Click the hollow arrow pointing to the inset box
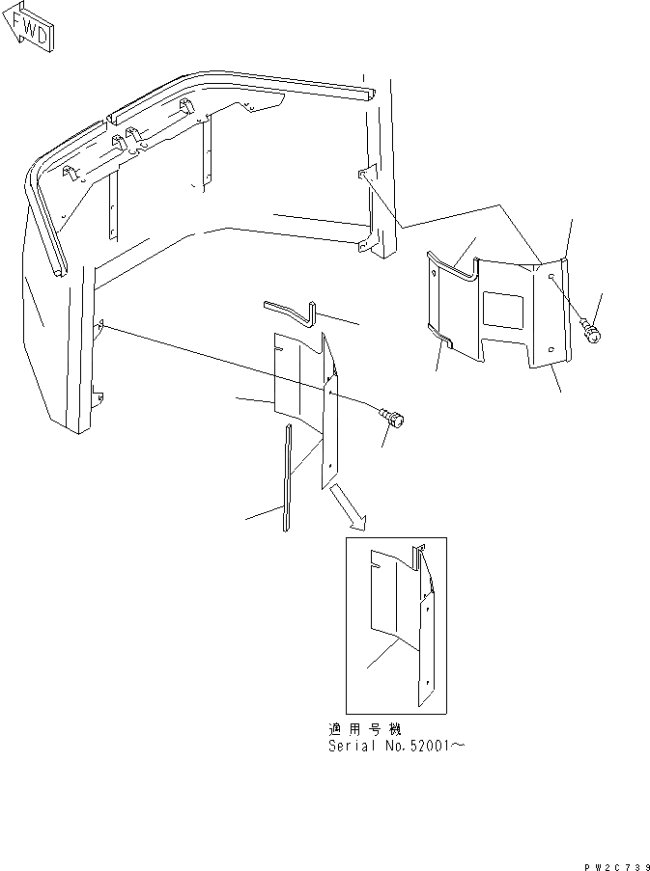point(348,508)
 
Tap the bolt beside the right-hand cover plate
point(592,333)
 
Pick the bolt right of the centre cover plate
point(397,418)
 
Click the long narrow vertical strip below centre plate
point(287,477)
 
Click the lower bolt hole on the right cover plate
point(551,349)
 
